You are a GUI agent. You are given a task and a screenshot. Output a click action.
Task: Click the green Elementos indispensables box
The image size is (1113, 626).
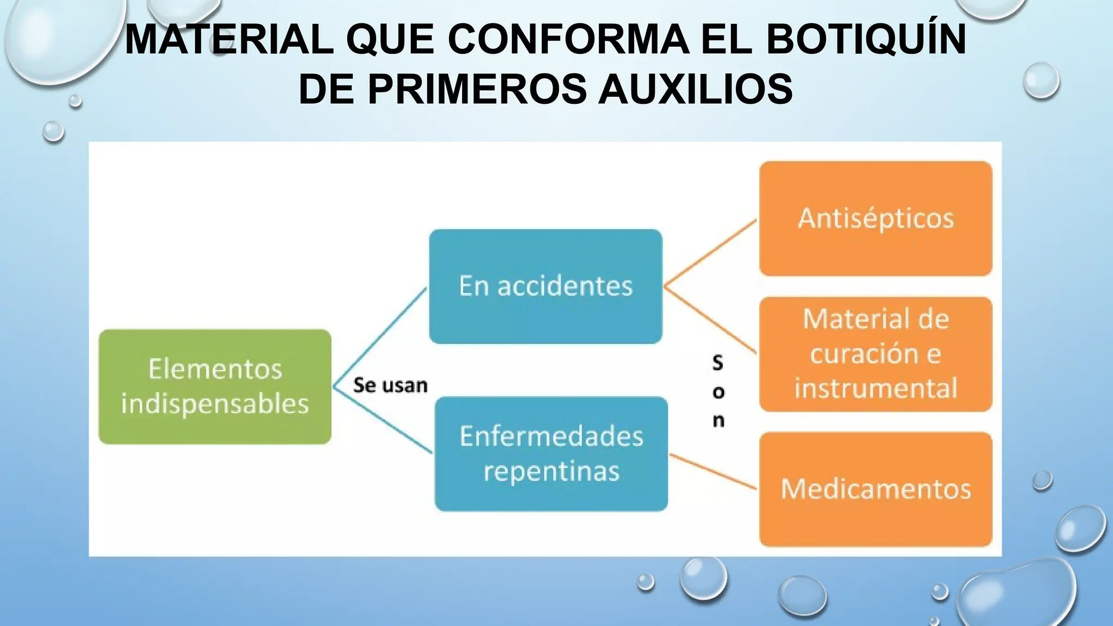pyautogui.click(x=215, y=386)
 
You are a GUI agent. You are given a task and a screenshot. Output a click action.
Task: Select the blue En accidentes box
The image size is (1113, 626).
pyautogui.click(x=545, y=286)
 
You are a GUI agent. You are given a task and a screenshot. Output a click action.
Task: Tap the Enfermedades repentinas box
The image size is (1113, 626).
pyautogui.click(x=551, y=454)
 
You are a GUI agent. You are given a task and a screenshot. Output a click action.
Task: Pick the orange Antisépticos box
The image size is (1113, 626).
pyautogui.click(x=876, y=218)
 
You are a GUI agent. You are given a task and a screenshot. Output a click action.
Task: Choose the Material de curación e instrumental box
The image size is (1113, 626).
pyautogui.click(x=876, y=354)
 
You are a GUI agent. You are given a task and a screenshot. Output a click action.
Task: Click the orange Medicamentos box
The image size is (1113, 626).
pyautogui.click(x=876, y=489)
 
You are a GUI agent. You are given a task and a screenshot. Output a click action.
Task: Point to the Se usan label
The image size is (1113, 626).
pyautogui.click(x=390, y=385)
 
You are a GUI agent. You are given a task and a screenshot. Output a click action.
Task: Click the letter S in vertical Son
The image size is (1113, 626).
pyautogui.click(x=718, y=363)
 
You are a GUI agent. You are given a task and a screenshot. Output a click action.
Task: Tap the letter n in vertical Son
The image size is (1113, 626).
pyautogui.click(x=718, y=420)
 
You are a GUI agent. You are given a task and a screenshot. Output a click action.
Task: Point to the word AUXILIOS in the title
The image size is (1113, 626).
pyautogui.click(x=695, y=89)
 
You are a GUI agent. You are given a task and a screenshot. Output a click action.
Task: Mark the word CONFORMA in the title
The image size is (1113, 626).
pyautogui.click(x=568, y=39)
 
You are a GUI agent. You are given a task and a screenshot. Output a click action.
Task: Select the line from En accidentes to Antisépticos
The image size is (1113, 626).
pyautogui.click(x=710, y=253)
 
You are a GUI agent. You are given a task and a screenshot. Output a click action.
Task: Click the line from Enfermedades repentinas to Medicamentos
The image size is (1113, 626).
pyautogui.click(x=713, y=472)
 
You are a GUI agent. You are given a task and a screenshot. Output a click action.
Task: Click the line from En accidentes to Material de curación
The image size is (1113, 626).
pyautogui.click(x=710, y=321)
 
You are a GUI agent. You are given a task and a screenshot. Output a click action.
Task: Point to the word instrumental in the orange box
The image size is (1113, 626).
pyautogui.click(x=876, y=389)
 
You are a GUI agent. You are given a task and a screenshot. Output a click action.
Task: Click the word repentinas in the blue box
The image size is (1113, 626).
pyautogui.click(x=551, y=471)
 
